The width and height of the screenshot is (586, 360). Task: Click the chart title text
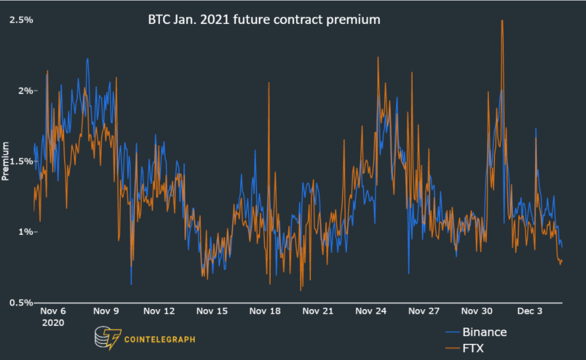[264, 19]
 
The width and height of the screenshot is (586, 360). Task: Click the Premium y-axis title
[5, 161]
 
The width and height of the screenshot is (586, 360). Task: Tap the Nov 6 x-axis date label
[53, 311]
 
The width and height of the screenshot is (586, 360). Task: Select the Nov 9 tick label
[106, 311]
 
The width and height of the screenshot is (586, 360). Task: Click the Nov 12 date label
[159, 311]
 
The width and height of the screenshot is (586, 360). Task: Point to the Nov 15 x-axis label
[212, 311]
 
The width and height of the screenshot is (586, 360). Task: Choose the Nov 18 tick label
[265, 311]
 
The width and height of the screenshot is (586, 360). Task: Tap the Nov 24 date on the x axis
[371, 311]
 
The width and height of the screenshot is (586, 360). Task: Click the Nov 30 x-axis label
[477, 311]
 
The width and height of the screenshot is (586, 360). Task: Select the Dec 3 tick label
[530, 311]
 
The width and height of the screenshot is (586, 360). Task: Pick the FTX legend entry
[473, 347]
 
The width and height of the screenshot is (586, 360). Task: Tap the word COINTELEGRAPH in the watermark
[159, 339]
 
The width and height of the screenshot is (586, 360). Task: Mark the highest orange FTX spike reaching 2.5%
[502, 21]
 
